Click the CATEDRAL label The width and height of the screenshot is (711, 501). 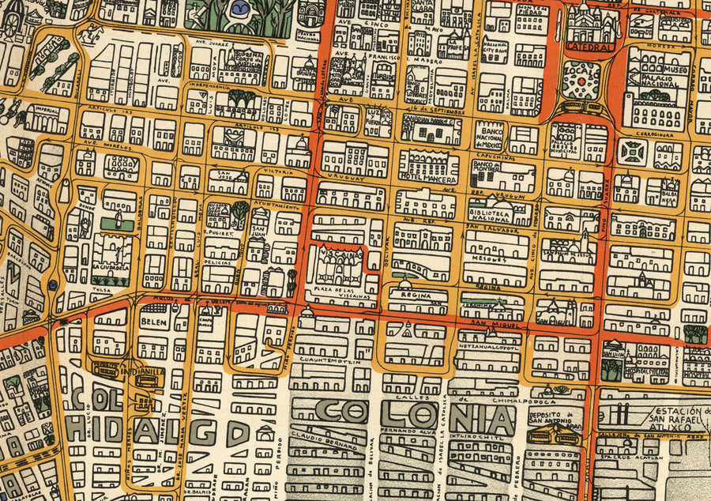pyautogui.click(x=590, y=47)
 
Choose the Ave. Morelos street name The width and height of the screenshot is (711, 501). pyautogui.click(x=103, y=145)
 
